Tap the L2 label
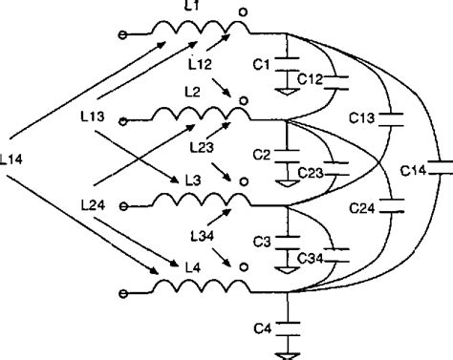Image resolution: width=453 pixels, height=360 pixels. coord(193,91)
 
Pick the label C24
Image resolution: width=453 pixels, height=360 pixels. coord(362,205)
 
